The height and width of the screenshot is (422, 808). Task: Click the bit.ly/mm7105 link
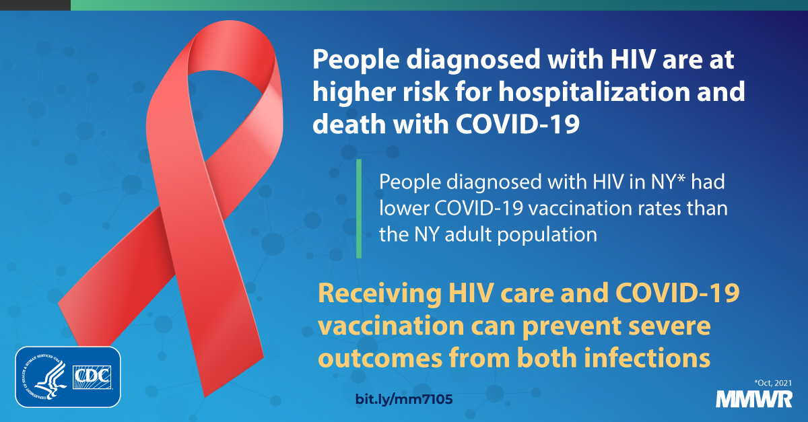coord(403,399)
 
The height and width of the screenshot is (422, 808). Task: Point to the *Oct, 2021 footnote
coord(772,382)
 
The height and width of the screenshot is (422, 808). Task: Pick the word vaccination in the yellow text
coord(391,326)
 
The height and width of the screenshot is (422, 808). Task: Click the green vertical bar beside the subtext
coord(359,208)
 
